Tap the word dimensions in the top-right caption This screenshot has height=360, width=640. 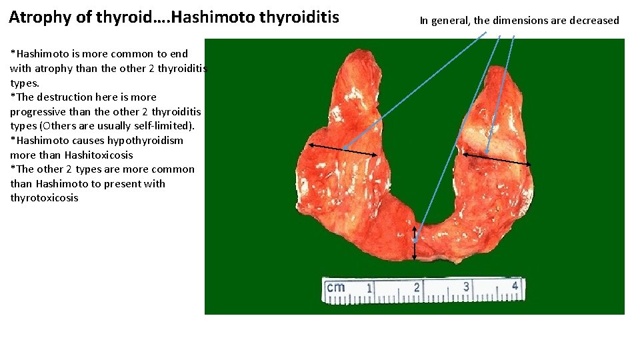tap(515, 21)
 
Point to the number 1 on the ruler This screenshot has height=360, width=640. tap(369, 288)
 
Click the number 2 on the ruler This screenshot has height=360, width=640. tap(417, 287)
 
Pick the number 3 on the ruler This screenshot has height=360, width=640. tap(465, 287)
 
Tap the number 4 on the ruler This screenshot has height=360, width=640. tap(515, 286)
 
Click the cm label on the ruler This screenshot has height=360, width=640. tap(335, 287)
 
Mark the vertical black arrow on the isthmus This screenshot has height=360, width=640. tap(415, 248)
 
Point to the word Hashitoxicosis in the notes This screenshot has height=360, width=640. tap(99, 155)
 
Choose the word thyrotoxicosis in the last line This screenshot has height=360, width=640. tap(44, 198)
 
